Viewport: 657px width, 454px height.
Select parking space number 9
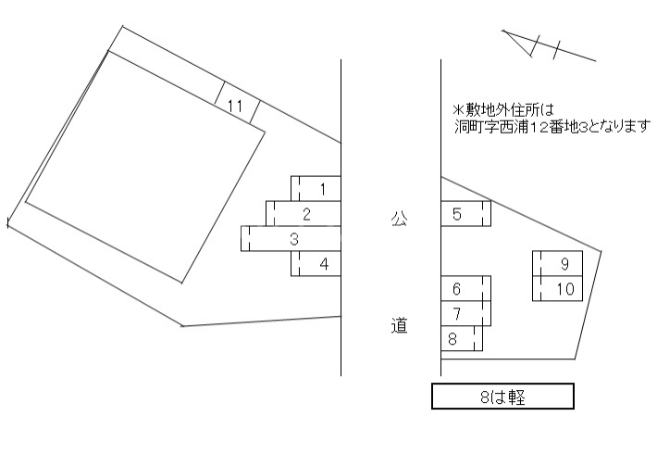(x=559, y=263)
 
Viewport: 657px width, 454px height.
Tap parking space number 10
(x=559, y=288)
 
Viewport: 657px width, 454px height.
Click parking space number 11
(x=236, y=106)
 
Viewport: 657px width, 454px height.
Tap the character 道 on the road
(x=399, y=326)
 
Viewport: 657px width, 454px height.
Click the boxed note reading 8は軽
(x=503, y=397)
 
